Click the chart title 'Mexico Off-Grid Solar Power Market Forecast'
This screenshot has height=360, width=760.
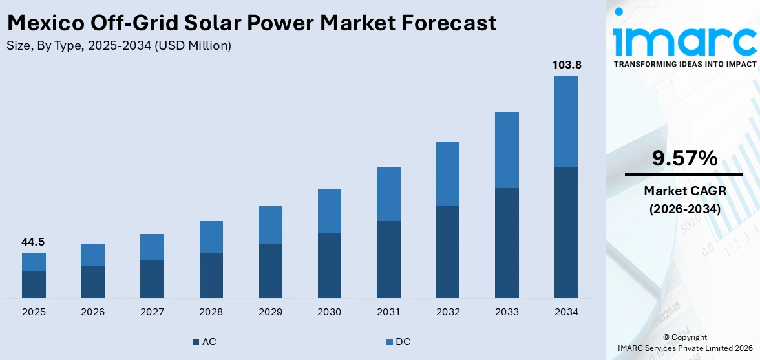251,23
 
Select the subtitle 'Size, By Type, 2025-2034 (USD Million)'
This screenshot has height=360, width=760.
119,46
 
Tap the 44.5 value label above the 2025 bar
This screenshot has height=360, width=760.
34,242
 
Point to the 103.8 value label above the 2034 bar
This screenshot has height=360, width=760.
565,65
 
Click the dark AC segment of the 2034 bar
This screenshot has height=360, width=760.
565,232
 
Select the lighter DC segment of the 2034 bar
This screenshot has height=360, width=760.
565,121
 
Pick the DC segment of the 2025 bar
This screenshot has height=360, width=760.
34,262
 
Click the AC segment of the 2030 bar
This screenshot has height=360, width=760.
329,265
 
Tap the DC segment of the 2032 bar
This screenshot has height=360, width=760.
447,173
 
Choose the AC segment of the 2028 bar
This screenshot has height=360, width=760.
211,275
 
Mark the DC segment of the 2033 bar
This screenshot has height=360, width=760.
507,150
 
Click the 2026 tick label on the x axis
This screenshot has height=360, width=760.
92,312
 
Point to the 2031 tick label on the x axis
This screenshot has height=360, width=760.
388,312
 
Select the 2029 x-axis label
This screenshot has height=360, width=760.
270,312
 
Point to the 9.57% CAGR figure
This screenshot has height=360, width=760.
684,158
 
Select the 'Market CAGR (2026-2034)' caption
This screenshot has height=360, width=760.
684,200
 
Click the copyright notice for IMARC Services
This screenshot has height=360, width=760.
684,343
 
